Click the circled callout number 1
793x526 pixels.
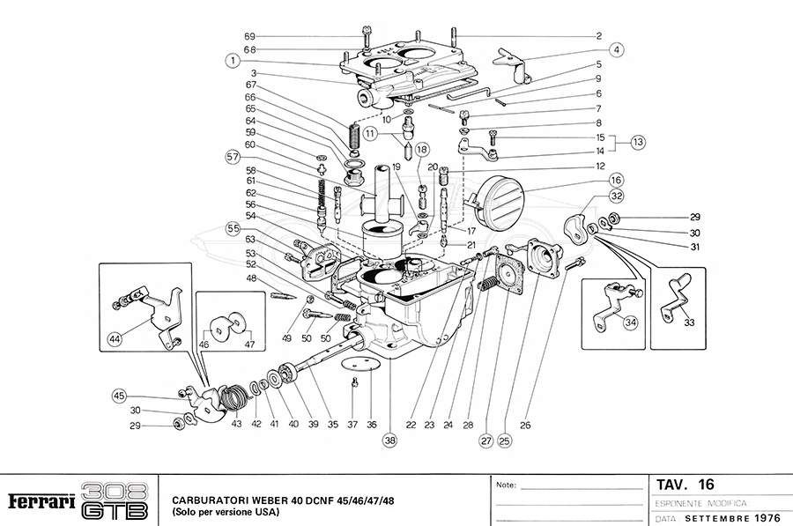click(232, 61)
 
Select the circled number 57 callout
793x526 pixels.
click(233, 157)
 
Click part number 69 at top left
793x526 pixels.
click(249, 36)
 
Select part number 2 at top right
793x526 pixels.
click(598, 36)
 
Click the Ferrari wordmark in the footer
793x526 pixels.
click(41, 501)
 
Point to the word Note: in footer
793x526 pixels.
click(508, 485)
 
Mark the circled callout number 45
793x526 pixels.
click(120, 396)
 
